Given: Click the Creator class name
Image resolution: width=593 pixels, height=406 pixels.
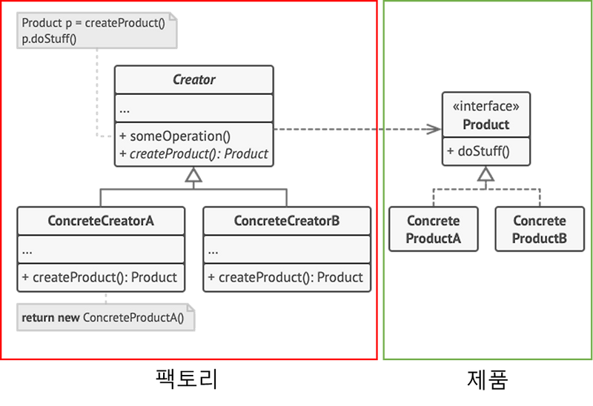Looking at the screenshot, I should pyautogui.click(x=193, y=79).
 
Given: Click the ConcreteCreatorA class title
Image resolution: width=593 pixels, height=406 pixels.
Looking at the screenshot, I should pyautogui.click(x=100, y=221).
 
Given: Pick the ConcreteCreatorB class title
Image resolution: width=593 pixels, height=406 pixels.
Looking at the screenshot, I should pyautogui.click(x=286, y=221).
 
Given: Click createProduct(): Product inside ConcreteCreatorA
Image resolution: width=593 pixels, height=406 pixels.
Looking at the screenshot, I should pyautogui.click(x=100, y=278).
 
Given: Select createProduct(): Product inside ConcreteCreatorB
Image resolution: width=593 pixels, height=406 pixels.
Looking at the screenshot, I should pyautogui.click(x=286, y=278).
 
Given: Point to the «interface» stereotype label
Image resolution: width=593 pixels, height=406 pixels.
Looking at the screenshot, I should pyautogui.click(x=486, y=106).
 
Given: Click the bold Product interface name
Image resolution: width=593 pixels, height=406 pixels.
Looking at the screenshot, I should pyautogui.click(x=486, y=124).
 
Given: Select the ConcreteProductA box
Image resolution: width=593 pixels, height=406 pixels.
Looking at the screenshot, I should pyautogui.click(x=434, y=230).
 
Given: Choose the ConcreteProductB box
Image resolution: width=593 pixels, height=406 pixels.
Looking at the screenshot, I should pyautogui.click(x=539, y=230).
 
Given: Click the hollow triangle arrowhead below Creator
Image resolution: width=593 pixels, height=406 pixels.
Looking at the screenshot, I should pyautogui.click(x=193, y=176).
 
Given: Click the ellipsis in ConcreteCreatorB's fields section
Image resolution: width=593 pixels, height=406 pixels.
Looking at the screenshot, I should pyautogui.click(x=213, y=250).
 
